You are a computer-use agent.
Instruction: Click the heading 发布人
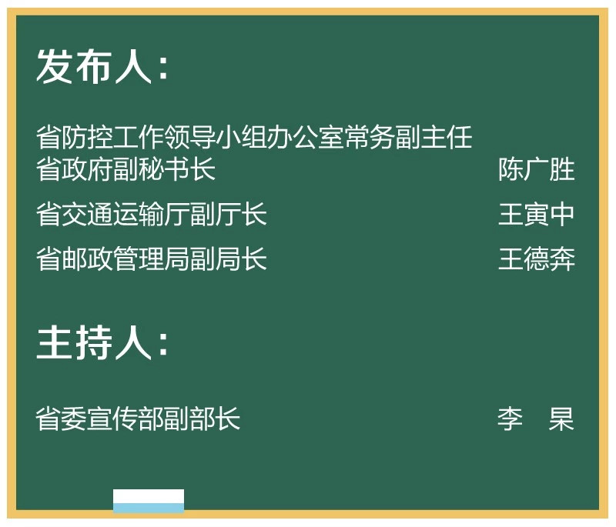(x=94, y=66)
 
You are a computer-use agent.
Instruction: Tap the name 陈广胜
(x=536, y=169)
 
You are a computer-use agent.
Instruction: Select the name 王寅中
(x=536, y=214)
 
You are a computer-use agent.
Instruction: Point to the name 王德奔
(x=536, y=258)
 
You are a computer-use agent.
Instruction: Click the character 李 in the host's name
(x=511, y=419)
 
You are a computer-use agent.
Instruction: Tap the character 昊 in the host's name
(x=562, y=419)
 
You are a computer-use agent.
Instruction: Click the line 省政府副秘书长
(x=126, y=169)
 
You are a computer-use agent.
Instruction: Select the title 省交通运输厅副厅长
(x=151, y=214)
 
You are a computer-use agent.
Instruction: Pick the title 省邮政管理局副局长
(x=151, y=258)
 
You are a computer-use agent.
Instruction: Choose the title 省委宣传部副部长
(x=138, y=419)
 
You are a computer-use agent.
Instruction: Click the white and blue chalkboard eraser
(x=149, y=501)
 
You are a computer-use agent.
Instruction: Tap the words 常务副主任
(x=408, y=137)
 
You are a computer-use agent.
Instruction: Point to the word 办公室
(x=305, y=137)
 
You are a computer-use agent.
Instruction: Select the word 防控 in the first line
(x=87, y=137)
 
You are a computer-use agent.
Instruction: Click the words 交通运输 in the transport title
(x=112, y=214)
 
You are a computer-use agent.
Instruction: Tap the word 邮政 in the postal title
(x=87, y=258)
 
